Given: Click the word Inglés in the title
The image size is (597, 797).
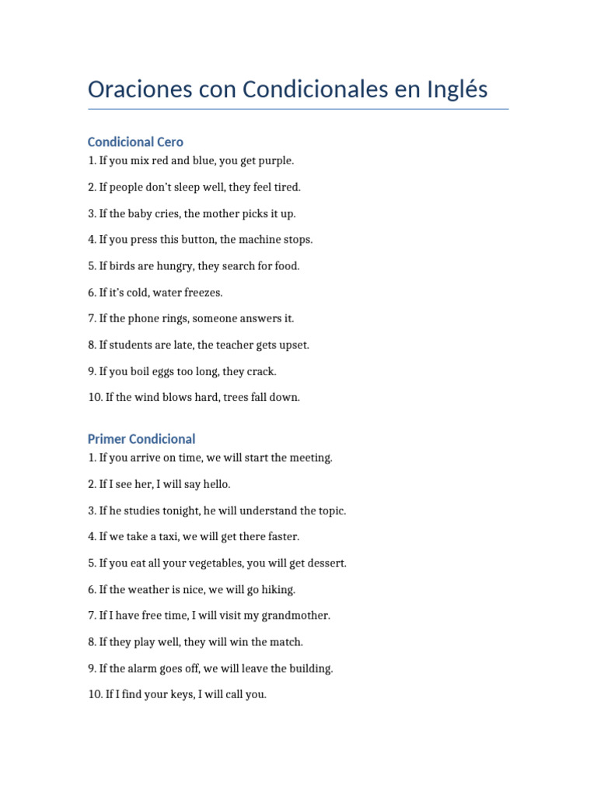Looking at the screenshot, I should pos(458,90).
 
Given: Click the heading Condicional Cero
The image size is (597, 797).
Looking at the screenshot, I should pos(135,142).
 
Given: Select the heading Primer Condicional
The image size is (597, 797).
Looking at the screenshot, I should pos(141,439).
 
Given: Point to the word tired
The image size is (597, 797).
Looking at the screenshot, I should pos(285,188).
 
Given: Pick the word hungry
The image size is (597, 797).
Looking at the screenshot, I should pos(174,266).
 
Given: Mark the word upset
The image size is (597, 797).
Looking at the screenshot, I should pos(292,345).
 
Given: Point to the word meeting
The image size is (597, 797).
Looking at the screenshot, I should pos(310,458).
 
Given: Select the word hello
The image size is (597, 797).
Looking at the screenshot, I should pos(215,484).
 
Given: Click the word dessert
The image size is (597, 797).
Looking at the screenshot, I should pos(326,563).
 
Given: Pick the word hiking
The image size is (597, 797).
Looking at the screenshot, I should pos(279,589).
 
